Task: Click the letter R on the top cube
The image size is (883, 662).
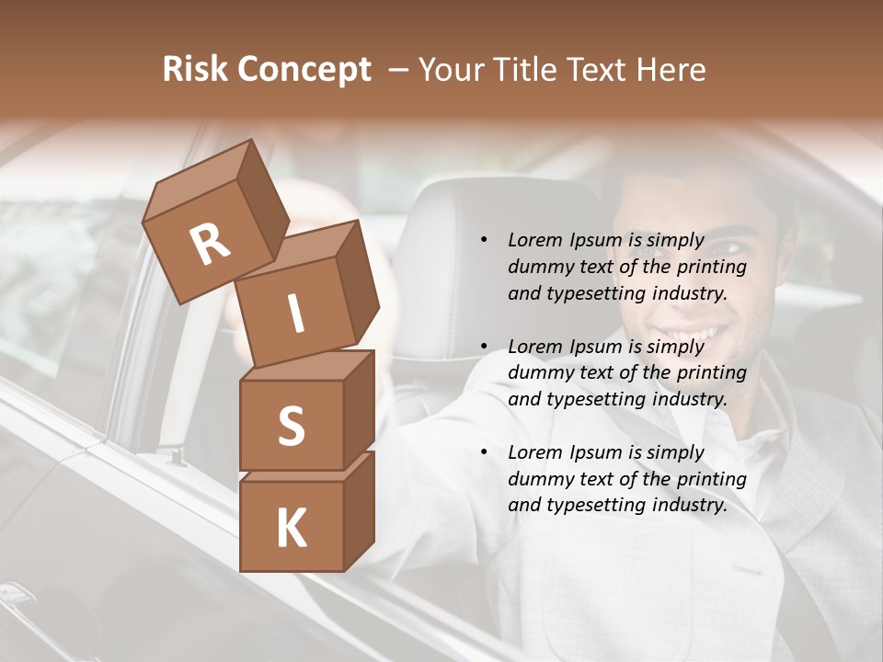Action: pyautogui.click(x=211, y=245)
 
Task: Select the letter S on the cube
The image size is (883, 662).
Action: pyautogui.click(x=291, y=426)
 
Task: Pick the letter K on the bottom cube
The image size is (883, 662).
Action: pyautogui.click(x=291, y=529)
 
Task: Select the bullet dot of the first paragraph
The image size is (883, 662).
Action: pyautogui.click(x=484, y=241)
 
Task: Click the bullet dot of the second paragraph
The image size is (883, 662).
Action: pyautogui.click(x=484, y=347)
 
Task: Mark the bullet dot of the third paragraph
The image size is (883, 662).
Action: pyautogui.click(x=484, y=452)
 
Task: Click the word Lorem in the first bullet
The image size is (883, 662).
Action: pyautogui.click(x=535, y=240)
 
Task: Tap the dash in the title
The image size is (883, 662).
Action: pyautogui.click(x=398, y=71)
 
